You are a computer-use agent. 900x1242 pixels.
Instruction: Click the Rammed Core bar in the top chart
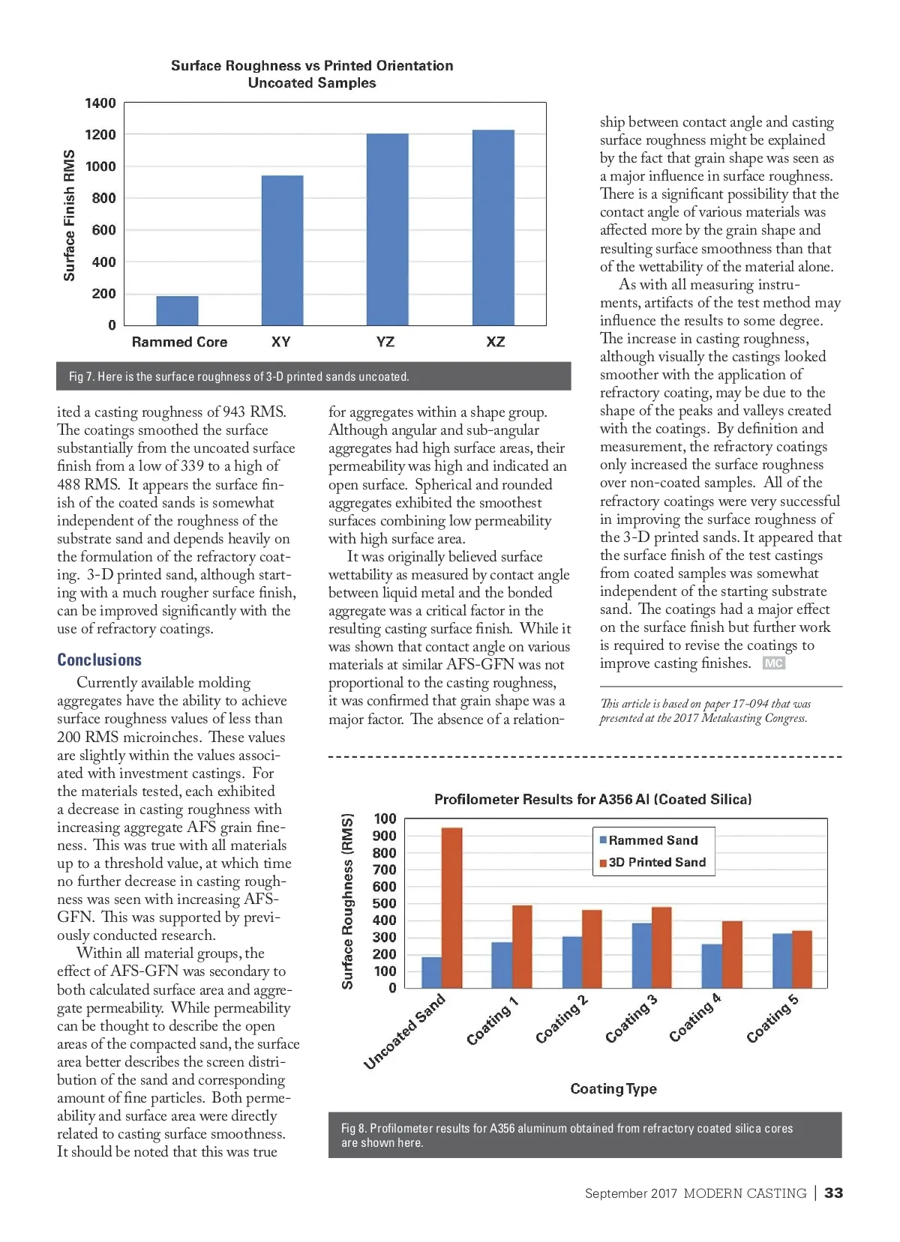[x=177, y=310]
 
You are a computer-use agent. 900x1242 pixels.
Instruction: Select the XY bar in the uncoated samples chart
[x=282, y=250]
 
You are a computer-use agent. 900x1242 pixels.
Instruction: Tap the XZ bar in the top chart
[x=493, y=228]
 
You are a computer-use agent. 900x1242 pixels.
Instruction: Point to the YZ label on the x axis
[x=385, y=342]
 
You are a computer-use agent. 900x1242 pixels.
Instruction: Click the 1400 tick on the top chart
[x=100, y=103]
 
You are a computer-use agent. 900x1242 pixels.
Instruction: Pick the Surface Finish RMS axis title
[x=70, y=216]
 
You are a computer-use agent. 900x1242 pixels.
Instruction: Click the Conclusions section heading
[x=100, y=660]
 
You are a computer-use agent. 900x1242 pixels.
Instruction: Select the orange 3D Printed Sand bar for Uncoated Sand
[x=451, y=907]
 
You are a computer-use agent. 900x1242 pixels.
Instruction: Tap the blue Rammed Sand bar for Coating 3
[x=641, y=955]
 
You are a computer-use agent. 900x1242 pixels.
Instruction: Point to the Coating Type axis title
[x=613, y=1088]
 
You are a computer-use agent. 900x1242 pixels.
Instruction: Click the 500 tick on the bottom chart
[x=385, y=903]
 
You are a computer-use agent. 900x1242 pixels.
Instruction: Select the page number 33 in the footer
[x=833, y=1193]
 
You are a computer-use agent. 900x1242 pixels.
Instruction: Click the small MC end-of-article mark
[x=773, y=663]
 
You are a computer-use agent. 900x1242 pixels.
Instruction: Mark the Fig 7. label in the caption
[x=81, y=376]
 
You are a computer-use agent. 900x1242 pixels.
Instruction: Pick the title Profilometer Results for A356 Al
[x=592, y=799]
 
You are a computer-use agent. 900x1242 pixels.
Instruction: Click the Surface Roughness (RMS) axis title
[x=347, y=901]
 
